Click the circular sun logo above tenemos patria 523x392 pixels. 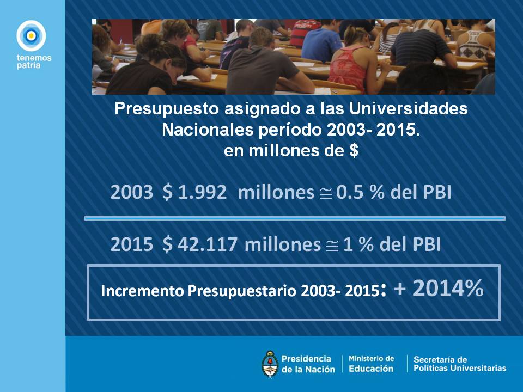pos(31,35)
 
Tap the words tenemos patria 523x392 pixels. pos(34,62)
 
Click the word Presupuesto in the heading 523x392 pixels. pos(167,109)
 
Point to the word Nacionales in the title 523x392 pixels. pos(208,130)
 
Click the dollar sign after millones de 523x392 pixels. pos(354,150)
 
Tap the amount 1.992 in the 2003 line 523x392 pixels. pos(203,192)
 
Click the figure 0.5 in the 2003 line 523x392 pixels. pos(350,192)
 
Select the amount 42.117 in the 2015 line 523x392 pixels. pos(208,244)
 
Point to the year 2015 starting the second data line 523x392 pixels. pos(132,244)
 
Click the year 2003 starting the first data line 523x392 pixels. pos(132,192)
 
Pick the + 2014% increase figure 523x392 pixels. pos(439,289)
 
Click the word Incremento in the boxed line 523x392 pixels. pos(142,291)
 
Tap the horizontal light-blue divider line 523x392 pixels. pos(295,218)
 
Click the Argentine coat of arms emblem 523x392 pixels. pos(270,364)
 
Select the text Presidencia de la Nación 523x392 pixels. pos(308,364)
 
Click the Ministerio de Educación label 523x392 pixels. pos(371,364)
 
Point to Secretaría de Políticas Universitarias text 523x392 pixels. pos(460,364)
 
